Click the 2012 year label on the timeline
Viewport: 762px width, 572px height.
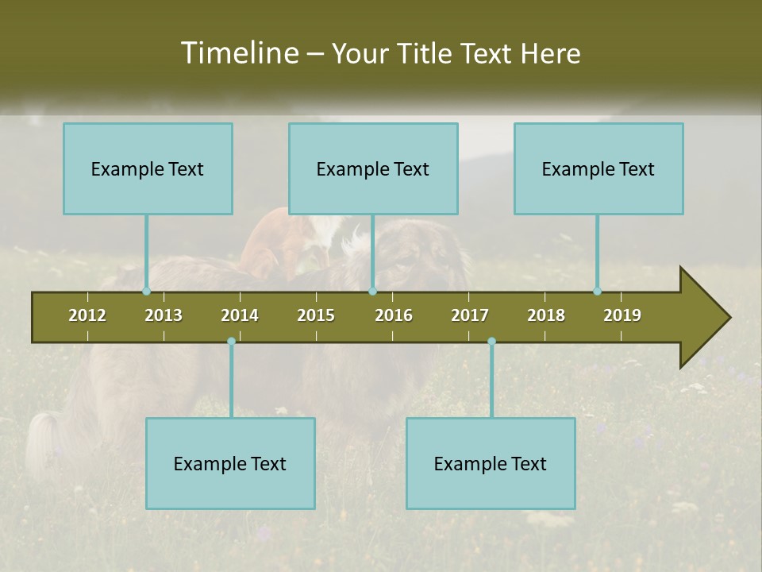tap(87, 315)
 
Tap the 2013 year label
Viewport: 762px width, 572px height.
tap(164, 315)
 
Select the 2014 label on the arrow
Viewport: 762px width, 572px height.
tap(240, 315)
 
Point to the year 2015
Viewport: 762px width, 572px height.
tap(316, 315)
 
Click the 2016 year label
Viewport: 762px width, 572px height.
tap(394, 315)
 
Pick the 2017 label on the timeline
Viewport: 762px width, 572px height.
tap(470, 315)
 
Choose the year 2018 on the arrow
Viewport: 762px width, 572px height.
tap(546, 315)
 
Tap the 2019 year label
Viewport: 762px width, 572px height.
tap(622, 315)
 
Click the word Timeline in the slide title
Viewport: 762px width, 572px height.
tap(239, 53)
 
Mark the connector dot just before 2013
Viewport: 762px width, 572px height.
tap(146, 292)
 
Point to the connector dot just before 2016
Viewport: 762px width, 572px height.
tap(372, 292)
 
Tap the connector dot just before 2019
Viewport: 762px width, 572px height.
tap(597, 292)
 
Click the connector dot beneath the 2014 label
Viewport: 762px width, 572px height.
tap(231, 342)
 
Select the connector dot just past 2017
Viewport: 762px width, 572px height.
tap(491, 342)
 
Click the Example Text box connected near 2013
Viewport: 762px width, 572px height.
tap(148, 168)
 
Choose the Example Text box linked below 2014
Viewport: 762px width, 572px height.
tap(230, 463)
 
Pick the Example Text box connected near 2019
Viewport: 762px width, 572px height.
tap(598, 168)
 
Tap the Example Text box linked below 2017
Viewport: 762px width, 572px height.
tap(491, 463)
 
